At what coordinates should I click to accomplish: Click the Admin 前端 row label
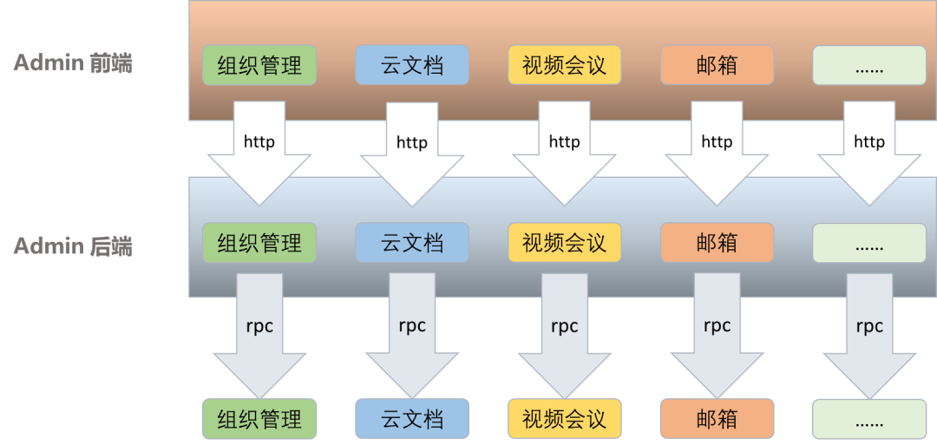point(73,63)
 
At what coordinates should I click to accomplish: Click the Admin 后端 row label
point(73,246)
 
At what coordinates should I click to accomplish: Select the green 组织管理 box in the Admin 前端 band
point(259,65)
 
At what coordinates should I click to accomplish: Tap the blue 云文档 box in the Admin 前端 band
point(412,65)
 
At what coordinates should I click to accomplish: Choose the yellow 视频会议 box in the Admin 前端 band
point(565,65)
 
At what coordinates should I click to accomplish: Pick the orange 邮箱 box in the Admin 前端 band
point(717,65)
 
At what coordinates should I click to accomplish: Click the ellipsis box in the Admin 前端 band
point(869,65)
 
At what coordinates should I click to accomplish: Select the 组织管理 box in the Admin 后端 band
point(259,243)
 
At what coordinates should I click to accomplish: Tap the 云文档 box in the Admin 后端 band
point(412,243)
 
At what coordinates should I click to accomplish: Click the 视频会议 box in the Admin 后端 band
point(565,243)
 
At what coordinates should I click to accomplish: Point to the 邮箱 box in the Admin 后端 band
point(717,243)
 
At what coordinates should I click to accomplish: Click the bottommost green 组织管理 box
point(259,419)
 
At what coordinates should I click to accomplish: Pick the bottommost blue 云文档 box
point(412,419)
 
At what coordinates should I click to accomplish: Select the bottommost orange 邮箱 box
point(717,419)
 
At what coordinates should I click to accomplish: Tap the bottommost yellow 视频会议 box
point(565,419)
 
